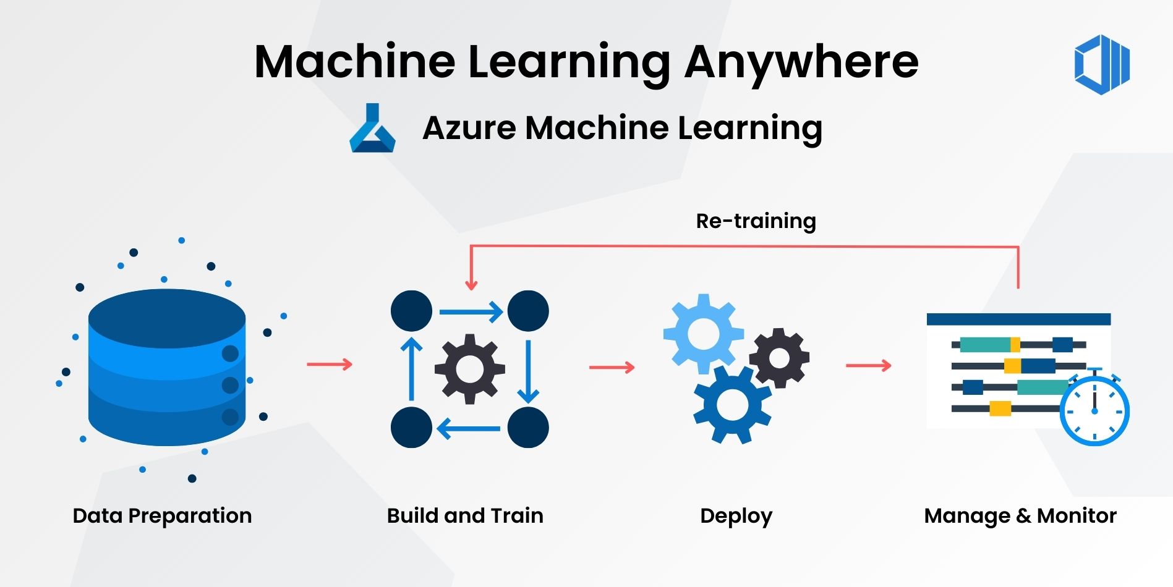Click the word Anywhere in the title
801,62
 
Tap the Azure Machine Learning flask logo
372,129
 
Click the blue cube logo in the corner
1102,64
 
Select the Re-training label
756,221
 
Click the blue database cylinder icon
167,367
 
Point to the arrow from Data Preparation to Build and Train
330,364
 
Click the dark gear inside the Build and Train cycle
469,369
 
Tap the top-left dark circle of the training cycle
411,311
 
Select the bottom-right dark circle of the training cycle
527,427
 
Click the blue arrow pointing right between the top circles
471,312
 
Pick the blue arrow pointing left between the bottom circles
469,428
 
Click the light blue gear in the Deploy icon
703,334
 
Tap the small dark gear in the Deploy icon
779,358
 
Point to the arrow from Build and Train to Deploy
612,368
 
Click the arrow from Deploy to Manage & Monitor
868,366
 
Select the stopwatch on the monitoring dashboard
1094,410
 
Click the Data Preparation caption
162,515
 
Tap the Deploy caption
736,516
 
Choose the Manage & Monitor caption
1020,515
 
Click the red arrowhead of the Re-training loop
471,285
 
